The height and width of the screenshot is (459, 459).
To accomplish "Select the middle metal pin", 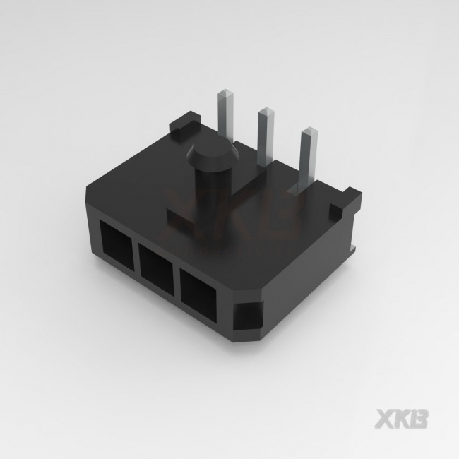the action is [x=266, y=136].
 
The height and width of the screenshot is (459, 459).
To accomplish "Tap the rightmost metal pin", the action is [x=308, y=160].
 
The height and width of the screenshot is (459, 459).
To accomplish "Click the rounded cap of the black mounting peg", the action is [x=213, y=154].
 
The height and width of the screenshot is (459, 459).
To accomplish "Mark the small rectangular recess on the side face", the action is [x=248, y=316].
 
